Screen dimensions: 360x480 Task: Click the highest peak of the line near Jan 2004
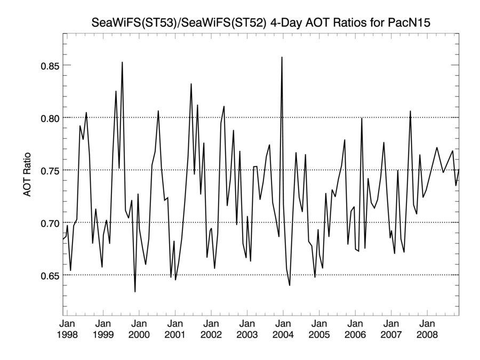click(282, 57)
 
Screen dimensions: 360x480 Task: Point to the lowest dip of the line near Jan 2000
click(135, 291)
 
